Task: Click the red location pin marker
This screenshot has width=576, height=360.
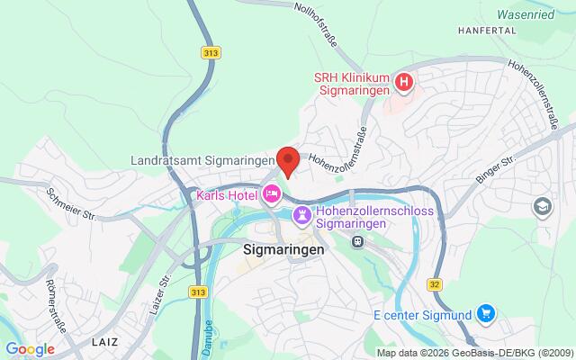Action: [288, 160]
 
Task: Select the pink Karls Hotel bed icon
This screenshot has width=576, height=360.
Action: [271, 193]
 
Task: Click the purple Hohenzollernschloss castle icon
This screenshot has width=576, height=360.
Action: [301, 215]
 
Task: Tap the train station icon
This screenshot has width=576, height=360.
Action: [357, 241]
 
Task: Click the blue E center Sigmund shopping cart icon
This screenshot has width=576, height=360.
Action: [486, 313]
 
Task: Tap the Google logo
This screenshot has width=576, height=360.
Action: [31, 348]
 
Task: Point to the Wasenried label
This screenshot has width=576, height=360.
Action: [536, 14]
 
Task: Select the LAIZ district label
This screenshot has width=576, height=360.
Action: [104, 342]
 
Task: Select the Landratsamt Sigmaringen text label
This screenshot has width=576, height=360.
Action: [202, 159]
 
